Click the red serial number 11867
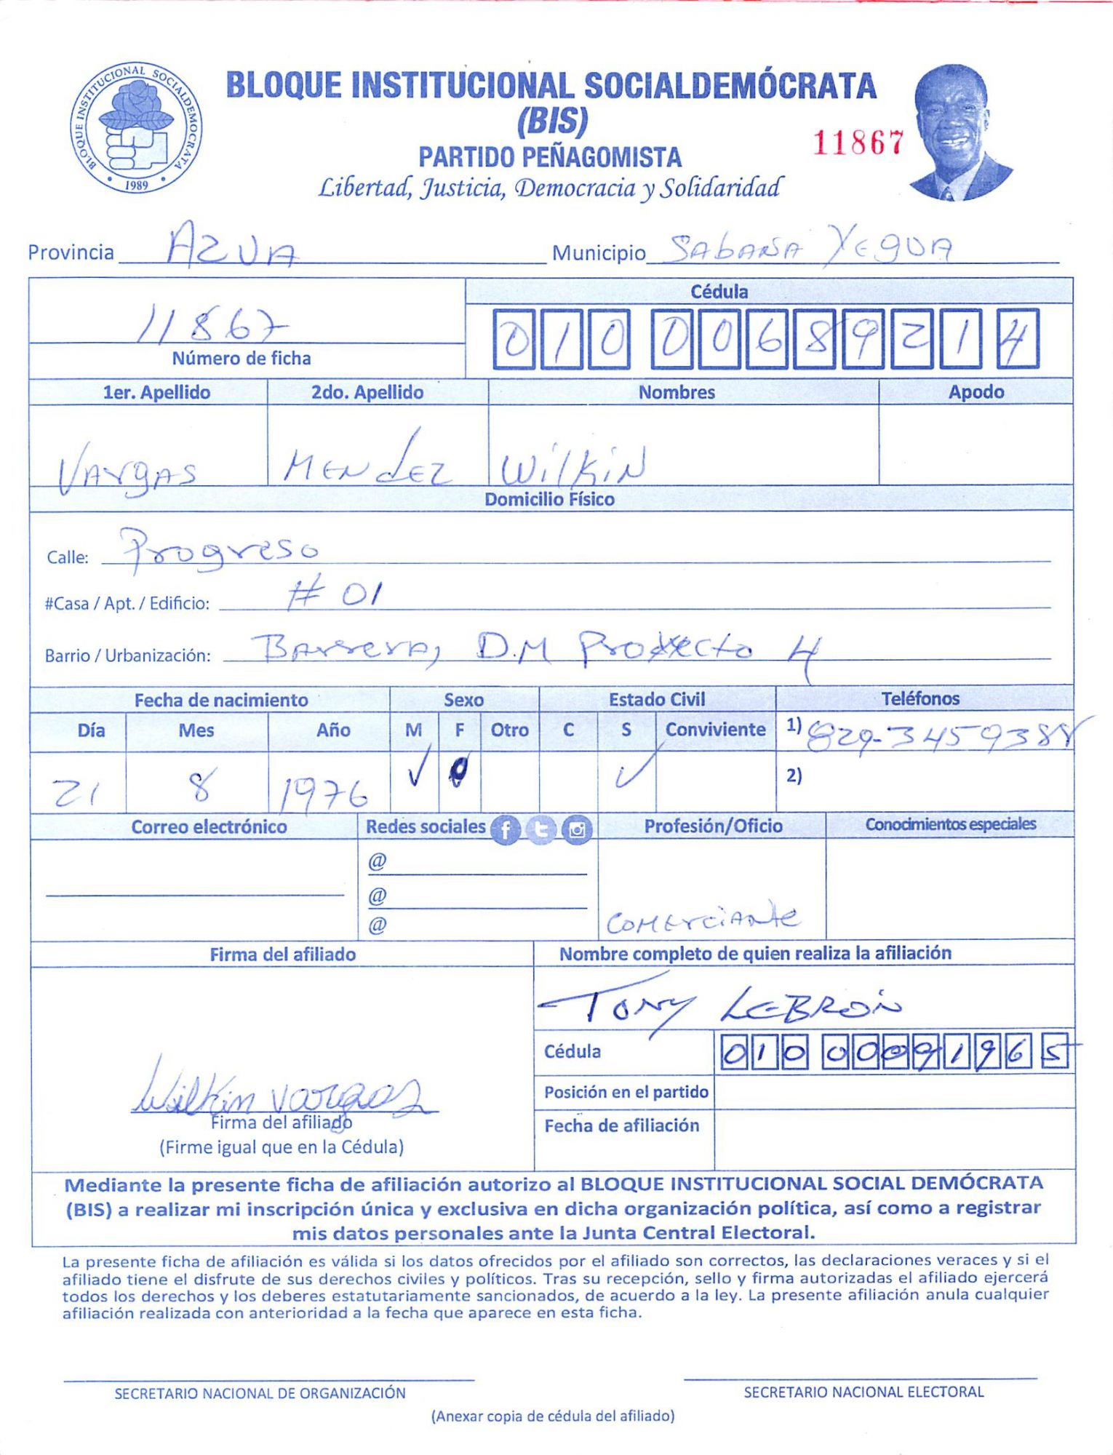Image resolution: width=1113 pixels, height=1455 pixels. point(858,143)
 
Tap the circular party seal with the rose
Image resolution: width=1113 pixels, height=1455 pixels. point(136,128)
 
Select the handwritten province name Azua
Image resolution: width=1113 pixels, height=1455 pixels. point(231,247)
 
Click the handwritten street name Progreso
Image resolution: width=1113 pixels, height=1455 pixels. point(219,550)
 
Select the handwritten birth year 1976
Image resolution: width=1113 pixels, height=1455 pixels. point(324,793)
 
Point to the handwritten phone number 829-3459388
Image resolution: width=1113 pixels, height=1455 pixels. point(938,738)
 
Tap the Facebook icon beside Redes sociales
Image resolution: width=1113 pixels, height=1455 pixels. point(506,829)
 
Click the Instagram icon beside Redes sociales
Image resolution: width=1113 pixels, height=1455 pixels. point(577,829)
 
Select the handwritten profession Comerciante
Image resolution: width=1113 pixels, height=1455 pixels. point(703,920)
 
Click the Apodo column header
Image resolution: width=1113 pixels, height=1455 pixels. point(976,392)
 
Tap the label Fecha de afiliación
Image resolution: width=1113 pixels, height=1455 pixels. point(622,1125)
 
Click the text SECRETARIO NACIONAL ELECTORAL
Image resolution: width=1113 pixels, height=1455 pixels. point(863,1392)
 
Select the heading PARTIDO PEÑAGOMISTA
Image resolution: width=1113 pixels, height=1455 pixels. point(550,157)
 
